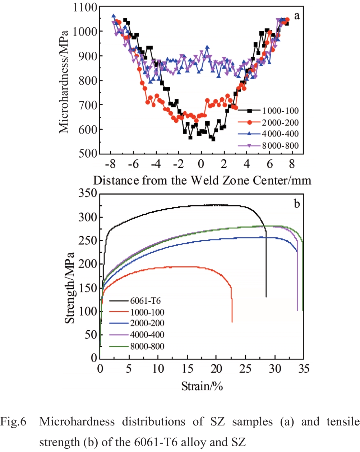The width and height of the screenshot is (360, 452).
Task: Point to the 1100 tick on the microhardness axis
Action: [85, 7]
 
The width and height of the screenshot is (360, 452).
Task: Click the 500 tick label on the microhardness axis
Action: [88, 154]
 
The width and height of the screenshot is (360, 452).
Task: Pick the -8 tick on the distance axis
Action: [110, 164]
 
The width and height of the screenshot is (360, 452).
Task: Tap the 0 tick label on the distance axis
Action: [201, 164]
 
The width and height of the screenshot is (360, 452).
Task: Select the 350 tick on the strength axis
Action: [88, 194]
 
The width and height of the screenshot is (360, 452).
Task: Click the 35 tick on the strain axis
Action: [304, 369]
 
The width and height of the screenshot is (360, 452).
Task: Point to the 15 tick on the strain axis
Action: [187, 369]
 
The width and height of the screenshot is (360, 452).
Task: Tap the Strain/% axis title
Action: [202, 386]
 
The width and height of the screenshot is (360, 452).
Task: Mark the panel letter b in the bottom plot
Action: [297, 204]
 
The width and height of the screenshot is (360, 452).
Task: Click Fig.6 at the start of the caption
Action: [13, 421]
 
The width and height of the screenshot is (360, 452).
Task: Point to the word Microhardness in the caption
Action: [77, 421]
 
